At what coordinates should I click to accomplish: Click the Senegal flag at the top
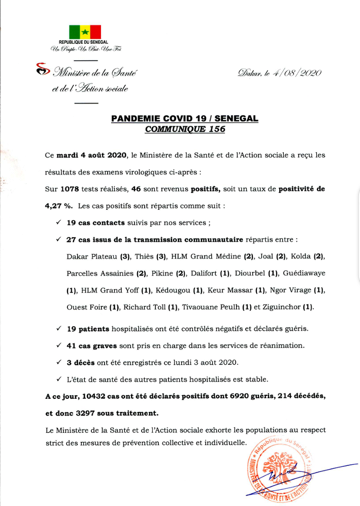(x=85, y=31)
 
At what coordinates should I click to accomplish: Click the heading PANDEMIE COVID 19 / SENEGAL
(x=185, y=119)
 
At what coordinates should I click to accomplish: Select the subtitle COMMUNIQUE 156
(x=185, y=129)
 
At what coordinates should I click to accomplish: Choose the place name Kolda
(x=298, y=257)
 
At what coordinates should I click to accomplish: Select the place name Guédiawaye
(x=304, y=273)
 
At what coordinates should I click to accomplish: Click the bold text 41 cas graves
(x=92, y=345)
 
